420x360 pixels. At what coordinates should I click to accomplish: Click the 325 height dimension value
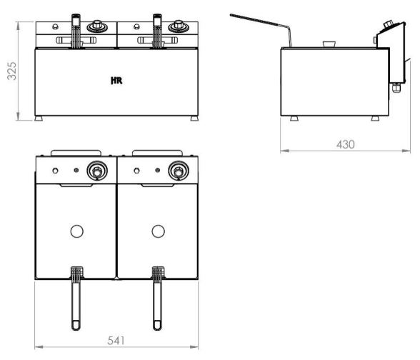pos(11,71)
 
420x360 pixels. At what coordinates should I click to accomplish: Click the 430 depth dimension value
pos(346,144)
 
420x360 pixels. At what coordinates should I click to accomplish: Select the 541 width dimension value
pos(116,341)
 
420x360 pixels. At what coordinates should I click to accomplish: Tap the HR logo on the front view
pos(116,81)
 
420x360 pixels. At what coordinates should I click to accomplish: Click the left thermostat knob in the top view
pos(97,171)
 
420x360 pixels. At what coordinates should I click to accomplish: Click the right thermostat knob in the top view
pos(179,171)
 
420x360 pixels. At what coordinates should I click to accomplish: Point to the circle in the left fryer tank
pos(77,231)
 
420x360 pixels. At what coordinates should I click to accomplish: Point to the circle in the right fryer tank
pos(159,231)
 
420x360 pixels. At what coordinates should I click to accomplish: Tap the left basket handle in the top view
pos(76,299)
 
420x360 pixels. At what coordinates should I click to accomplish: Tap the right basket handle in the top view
pos(157,299)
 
